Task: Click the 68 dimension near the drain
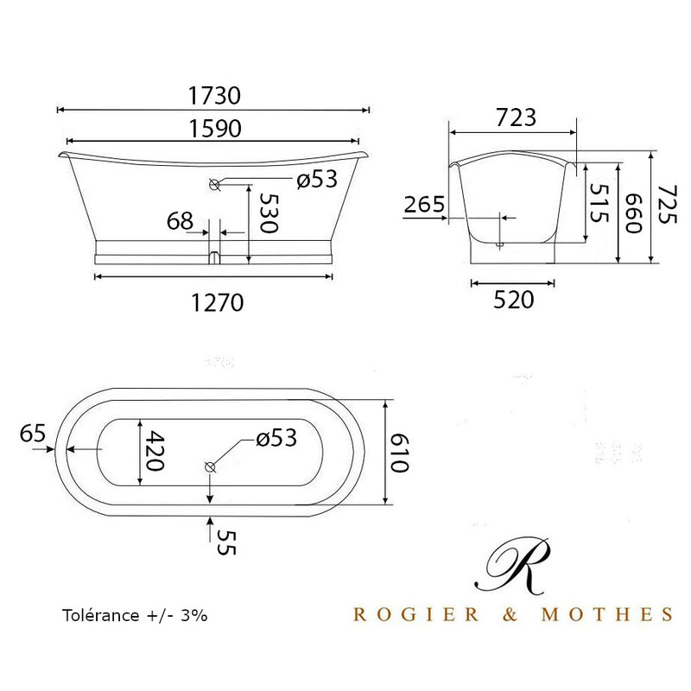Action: pyautogui.click(x=180, y=221)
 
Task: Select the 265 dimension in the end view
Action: pyautogui.click(x=424, y=205)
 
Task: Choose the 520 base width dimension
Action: pyautogui.click(x=513, y=300)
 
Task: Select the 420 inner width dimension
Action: pyautogui.click(x=153, y=451)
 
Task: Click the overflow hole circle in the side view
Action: pyautogui.click(x=214, y=183)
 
